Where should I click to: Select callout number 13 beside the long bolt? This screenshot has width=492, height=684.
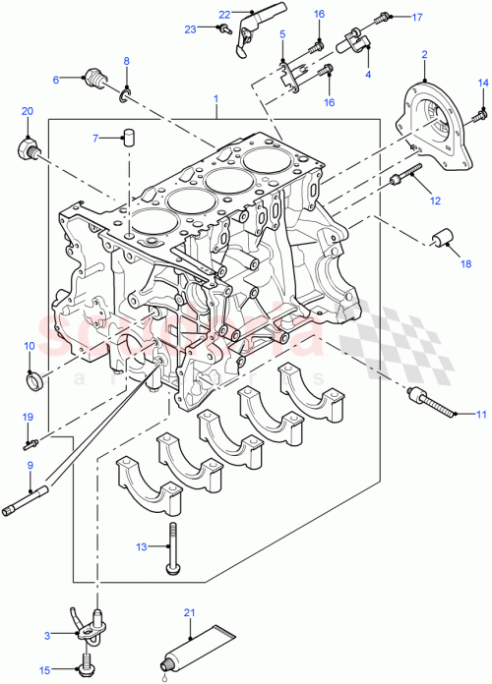[141, 545]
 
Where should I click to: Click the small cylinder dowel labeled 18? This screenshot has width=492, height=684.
[442, 239]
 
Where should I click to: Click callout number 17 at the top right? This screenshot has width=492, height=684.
[416, 17]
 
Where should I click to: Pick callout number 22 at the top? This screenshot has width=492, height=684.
[223, 14]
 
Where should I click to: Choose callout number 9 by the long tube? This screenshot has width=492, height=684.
[30, 465]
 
